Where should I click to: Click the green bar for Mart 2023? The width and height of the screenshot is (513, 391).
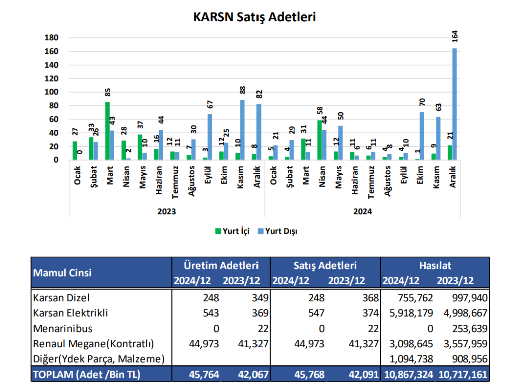107,131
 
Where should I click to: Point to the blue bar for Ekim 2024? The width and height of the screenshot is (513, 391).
422,136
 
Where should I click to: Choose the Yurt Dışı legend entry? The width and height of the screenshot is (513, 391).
280,231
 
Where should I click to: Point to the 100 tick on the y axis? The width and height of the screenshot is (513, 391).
52,92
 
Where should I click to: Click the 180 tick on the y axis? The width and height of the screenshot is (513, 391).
52,38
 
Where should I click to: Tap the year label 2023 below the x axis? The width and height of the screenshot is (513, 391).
166,212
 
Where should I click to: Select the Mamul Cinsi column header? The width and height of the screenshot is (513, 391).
62,273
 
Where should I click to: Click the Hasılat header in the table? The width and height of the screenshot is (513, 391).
435,265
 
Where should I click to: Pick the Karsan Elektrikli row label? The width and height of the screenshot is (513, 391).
71,313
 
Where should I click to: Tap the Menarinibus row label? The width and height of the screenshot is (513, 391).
63,329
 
